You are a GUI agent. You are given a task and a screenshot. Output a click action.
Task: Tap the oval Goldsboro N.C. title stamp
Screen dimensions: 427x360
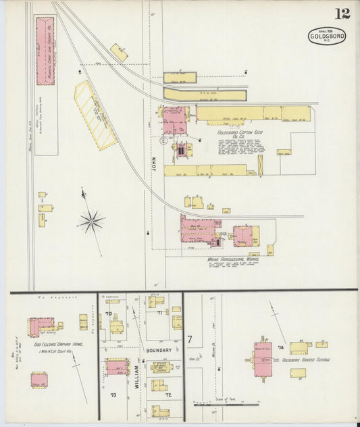tap(327, 36)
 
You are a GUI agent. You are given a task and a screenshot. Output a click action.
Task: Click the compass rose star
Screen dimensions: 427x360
tap(91, 221)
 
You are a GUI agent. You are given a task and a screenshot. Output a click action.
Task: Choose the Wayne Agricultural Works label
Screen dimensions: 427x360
tap(231, 257)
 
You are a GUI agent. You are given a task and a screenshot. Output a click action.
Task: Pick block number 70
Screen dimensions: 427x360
tap(108, 314)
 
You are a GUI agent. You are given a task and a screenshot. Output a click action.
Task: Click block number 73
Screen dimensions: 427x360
tap(113, 395)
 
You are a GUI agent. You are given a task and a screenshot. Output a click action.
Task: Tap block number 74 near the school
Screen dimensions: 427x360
tap(280, 347)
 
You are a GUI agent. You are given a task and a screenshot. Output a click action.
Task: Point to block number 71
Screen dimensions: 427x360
tap(160, 313)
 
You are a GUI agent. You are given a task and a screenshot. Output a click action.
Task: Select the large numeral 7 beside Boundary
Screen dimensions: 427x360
tap(190, 338)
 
